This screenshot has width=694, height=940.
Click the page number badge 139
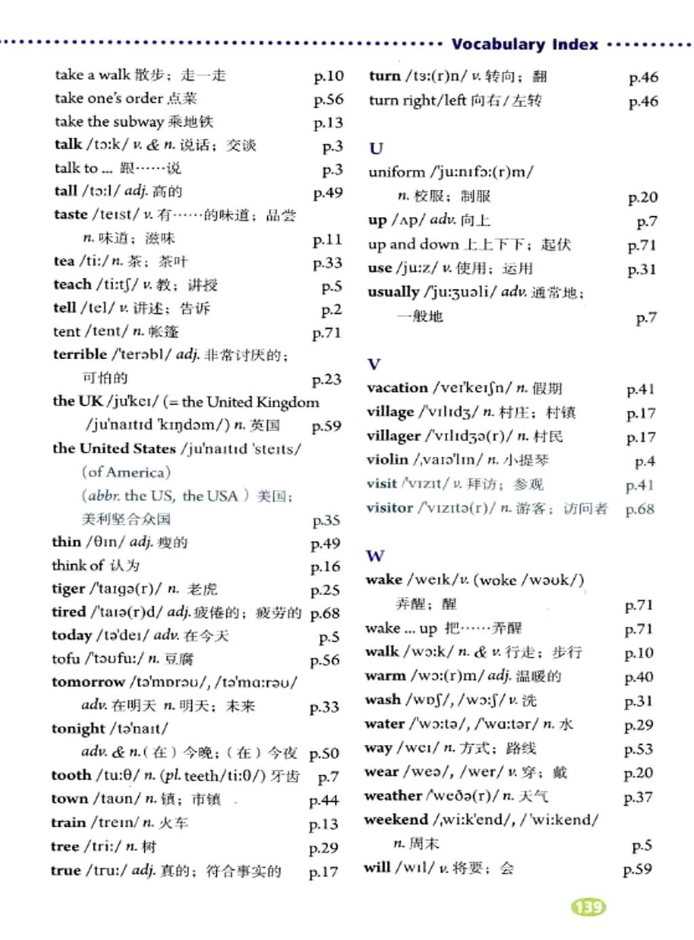tap(588, 907)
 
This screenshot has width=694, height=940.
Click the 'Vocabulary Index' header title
tap(525, 45)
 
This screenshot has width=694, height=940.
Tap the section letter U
tap(376, 148)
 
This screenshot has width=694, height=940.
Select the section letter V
tap(373, 364)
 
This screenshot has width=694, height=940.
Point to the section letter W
tap(375, 556)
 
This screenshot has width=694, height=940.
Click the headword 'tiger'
tap(68, 589)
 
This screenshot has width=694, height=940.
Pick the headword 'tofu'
tap(66, 659)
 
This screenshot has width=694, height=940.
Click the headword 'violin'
tap(387, 459)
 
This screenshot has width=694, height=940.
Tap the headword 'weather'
tap(393, 796)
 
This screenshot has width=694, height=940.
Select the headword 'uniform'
tap(396, 172)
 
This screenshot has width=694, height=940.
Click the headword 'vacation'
tap(397, 388)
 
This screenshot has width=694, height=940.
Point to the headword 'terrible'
tap(80, 354)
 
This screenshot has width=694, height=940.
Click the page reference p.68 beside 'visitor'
tap(640, 509)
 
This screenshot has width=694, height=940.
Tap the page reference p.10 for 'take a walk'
tap(329, 76)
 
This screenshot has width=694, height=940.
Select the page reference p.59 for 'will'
tap(637, 869)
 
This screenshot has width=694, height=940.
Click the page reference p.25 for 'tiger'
tap(325, 590)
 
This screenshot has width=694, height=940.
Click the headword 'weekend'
tap(396, 820)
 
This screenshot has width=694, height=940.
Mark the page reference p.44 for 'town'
tap(323, 801)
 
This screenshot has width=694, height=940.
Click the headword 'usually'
tap(393, 292)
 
